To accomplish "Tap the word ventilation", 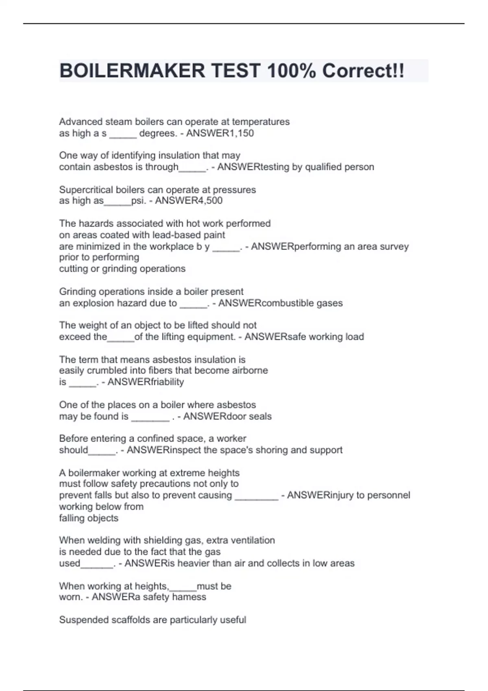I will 253,540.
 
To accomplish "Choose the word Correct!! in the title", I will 363,71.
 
